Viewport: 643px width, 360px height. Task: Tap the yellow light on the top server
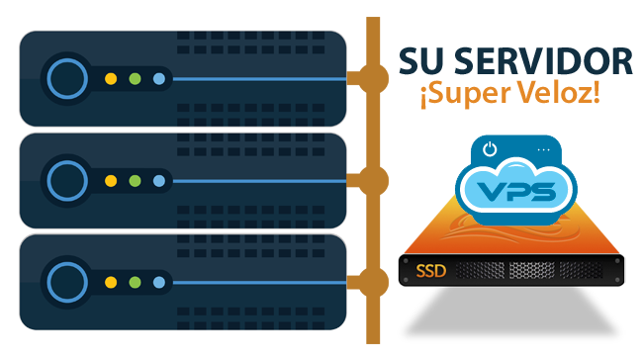click(x=111, y=78)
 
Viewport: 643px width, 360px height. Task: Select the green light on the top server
click(x=136, y=78)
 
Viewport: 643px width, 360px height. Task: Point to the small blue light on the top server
click(x=159, y=78)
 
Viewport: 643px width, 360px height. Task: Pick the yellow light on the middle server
click(x=111, y=180)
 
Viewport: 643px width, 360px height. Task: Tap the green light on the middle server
click(x=136, y=180)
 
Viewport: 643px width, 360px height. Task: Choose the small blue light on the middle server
click(x=159, y=180)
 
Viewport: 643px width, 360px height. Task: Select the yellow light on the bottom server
click(x=111, y=282)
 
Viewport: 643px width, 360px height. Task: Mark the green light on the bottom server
click(x=136, y=282)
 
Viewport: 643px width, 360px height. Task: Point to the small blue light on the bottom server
click(x=159, y=282)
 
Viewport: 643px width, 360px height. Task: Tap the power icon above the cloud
click(x=491, y=150)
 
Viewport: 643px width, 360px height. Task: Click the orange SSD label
click(x=432, y=270)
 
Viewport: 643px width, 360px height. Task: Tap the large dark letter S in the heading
click(x=410, y=61)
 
